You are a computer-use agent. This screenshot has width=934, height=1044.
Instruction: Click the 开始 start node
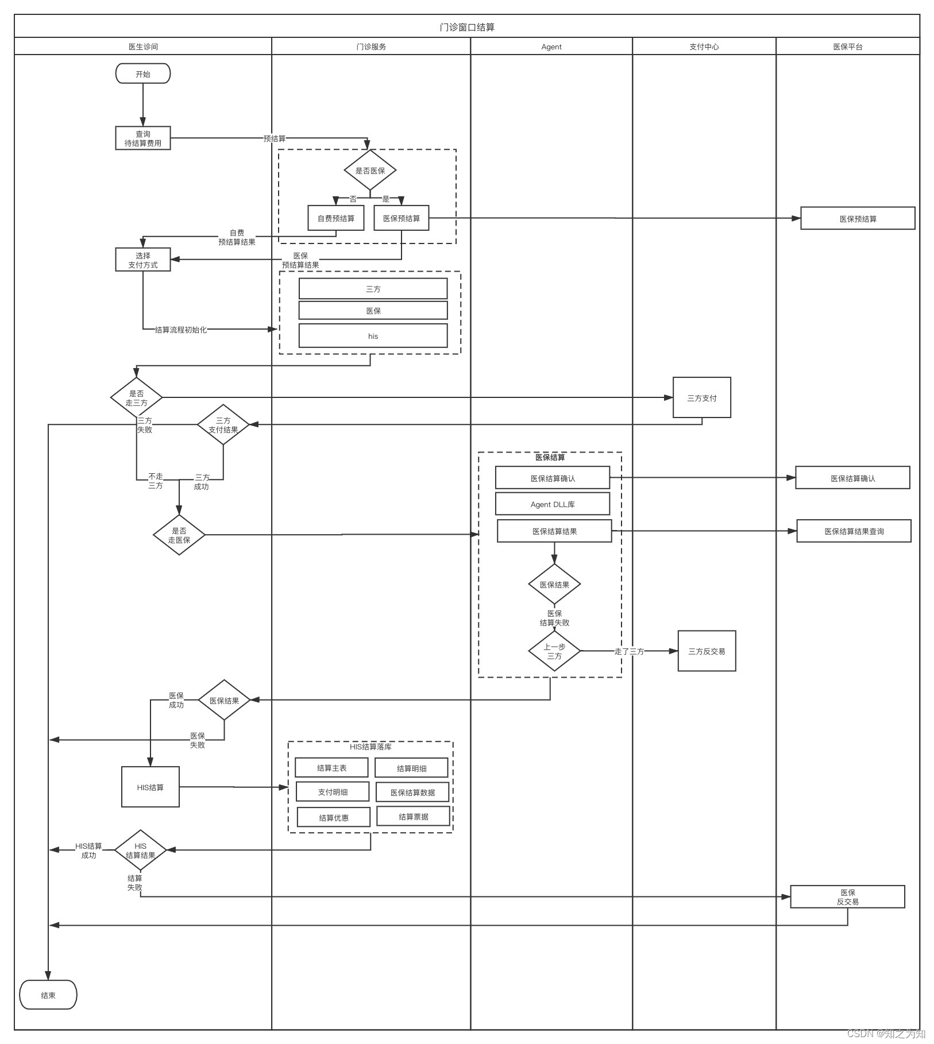click(143, 74)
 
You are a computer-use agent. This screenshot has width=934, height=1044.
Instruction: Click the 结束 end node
click(48, 995)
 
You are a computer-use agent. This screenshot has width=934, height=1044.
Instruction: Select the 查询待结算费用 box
click(143, 138)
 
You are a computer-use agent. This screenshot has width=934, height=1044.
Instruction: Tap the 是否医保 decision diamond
click(370, 170)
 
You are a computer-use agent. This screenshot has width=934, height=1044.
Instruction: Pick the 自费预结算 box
click(336, 218)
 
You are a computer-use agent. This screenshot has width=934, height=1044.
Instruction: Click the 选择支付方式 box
click(143, 260)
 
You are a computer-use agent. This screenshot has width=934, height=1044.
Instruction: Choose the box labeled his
click(373, 336)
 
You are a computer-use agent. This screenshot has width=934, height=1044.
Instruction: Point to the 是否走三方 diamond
click(136, 397)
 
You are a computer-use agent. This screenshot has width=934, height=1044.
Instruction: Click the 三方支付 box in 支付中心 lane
click(701, 397)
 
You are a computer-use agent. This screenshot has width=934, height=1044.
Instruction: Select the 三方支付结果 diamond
click(223, 425)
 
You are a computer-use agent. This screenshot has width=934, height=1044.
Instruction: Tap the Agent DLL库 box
click(552, 504)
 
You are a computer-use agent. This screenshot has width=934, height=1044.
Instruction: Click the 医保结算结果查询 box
click(854, 531)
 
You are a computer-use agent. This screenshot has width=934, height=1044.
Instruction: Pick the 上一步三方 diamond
click(554, 651)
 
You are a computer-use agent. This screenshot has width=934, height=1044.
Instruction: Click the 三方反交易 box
click(707, 651)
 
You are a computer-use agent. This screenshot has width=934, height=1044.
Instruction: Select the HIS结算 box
click(150, 787)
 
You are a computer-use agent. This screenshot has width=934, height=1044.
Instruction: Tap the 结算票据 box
click(413, 817)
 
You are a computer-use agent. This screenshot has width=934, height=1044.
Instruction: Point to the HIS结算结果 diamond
click(140, 850)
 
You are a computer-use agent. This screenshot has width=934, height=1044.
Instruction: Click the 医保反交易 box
click(847, 896)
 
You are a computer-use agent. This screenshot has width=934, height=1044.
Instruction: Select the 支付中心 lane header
click(704, 47)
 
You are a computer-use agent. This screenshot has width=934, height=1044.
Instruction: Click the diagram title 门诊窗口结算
click(467, 27)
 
